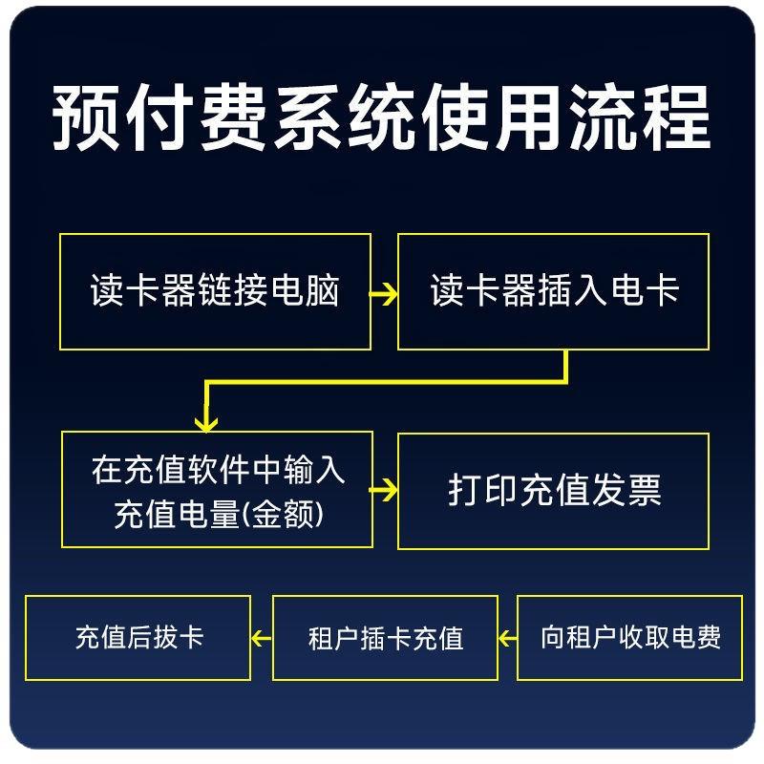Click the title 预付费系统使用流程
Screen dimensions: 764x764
382,118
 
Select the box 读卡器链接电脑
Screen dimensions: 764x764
215,291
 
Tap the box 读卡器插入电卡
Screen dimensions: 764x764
553,291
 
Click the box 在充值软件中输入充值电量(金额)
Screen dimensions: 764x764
217,490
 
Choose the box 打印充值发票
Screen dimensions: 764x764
553,491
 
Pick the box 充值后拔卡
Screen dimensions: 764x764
138,637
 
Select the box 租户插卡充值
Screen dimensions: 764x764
385,638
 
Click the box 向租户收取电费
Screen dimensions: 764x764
629,637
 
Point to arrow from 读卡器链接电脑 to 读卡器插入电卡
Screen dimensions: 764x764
384,293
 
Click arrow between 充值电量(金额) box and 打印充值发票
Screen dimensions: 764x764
385,491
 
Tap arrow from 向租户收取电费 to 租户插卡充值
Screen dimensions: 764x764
507,637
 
